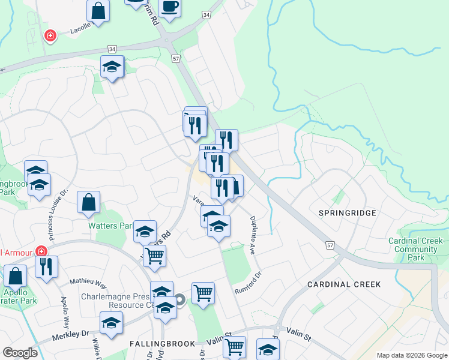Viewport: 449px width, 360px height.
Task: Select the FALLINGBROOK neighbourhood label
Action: click(162, 343)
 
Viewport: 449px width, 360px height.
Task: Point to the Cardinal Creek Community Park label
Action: click(415, 249)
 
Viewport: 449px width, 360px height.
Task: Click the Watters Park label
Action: click(110, 226)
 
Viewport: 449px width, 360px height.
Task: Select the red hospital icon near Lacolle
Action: click(50, 36)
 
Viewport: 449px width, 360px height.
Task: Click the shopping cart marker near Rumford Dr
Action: click(203, 294)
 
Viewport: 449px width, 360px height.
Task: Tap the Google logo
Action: click(20, 353)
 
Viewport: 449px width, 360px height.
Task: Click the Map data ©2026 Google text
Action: click(411, 355)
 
